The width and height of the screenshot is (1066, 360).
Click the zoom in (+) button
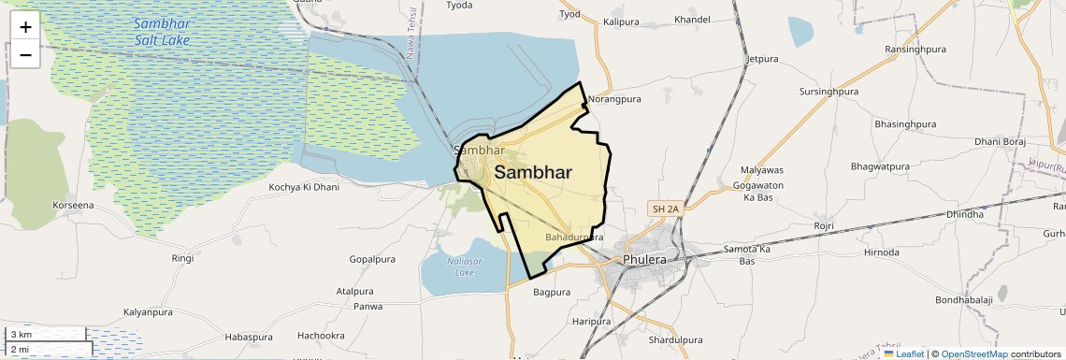click(25, 26)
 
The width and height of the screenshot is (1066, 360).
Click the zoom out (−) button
click(25, 55)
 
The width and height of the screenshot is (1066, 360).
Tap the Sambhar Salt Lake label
click(161, 31)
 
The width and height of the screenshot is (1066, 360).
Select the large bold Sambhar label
click(533, 172)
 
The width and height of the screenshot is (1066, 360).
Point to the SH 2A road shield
click(668, 209)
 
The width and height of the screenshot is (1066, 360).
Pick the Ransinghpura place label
click(919, 50)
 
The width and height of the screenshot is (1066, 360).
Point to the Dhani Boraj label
click(1001, 142)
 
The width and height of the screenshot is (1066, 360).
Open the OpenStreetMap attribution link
click(974, 353)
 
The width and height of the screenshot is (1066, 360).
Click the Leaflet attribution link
click(910, 353)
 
